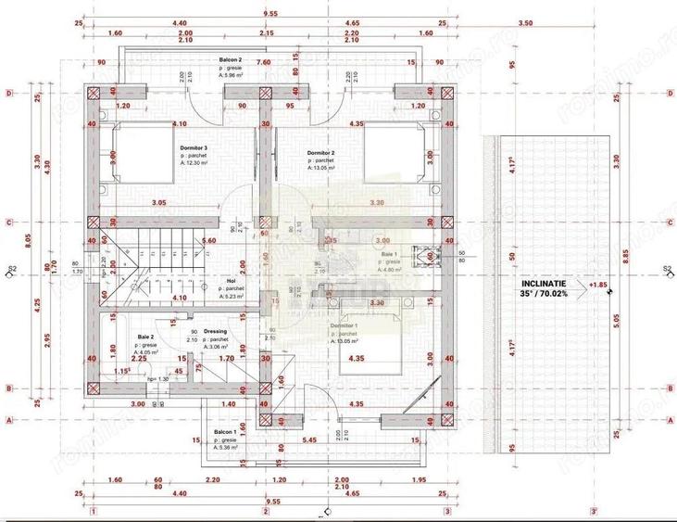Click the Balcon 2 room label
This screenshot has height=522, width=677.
230,58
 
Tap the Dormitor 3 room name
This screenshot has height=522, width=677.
194,147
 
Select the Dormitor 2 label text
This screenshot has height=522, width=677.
320,152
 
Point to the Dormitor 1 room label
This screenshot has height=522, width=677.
344,327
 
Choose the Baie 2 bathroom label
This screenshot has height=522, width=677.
145,337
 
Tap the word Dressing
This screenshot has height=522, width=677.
215,331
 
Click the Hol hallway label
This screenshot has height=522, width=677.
231,280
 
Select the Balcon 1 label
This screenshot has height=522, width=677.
224,432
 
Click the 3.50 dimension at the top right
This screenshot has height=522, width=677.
551,21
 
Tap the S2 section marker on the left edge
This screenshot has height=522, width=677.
13,270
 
